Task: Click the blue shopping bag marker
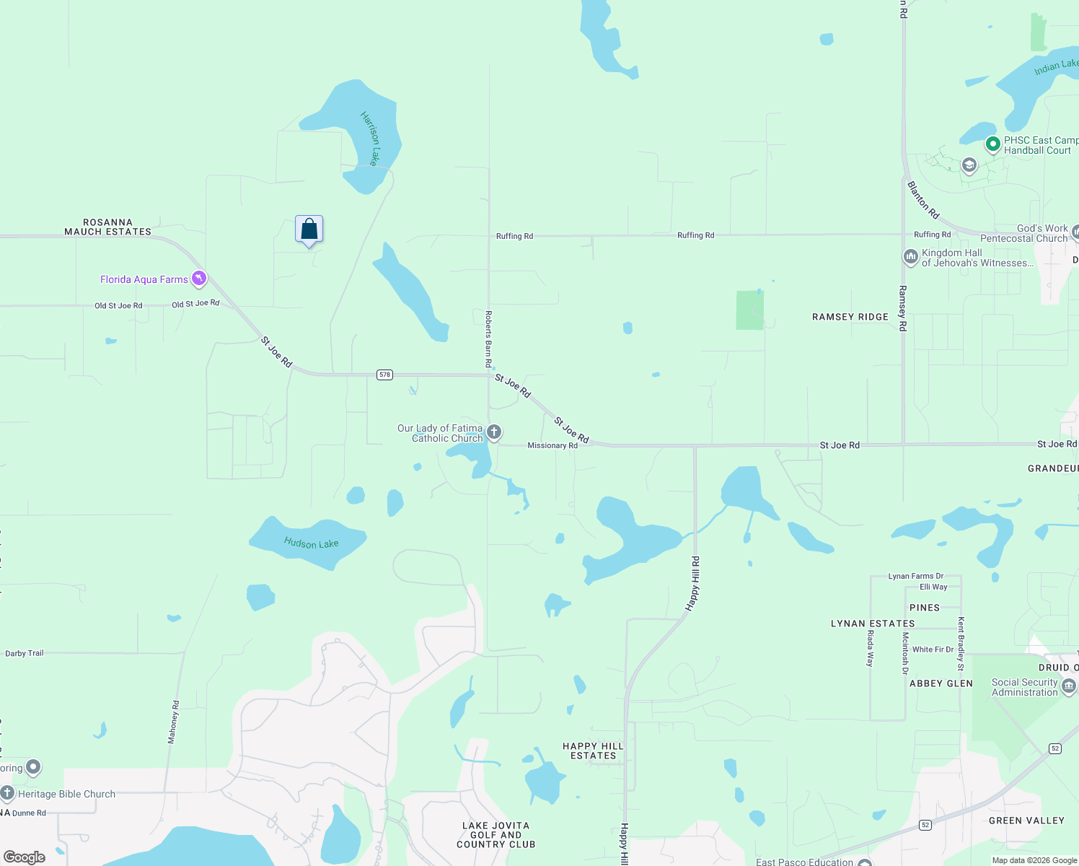pos(309,229)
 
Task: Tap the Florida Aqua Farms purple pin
pos(199,279)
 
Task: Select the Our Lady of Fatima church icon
pos(494,432)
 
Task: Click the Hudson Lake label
pos(311,543)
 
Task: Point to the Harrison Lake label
pos(370,138)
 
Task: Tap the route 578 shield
pos(385,375)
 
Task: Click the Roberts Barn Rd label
pos(488,339)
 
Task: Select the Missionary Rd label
pos(552,445)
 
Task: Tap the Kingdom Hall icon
pos(911,256)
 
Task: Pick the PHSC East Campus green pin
pos(993,144)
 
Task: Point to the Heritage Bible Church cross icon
pos(7,793)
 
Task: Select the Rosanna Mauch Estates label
pos(108,227)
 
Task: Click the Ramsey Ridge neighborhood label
pos(850,317)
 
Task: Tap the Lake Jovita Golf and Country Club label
pos(496,835)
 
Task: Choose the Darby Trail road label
pos(25,653)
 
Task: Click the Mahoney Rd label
pos(173,722)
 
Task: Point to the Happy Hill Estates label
pos(593,751)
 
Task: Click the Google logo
pos(24,857)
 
